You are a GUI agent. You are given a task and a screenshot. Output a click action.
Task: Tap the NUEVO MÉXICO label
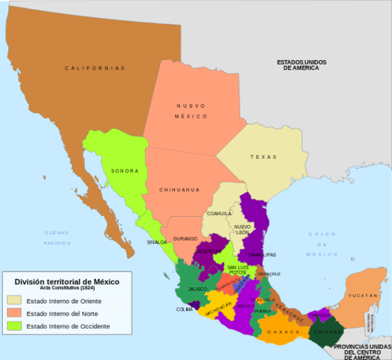coord(191,111)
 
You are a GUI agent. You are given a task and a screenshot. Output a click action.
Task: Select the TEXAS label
coord(264,157)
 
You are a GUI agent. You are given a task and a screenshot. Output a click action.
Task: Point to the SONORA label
coord(125,171)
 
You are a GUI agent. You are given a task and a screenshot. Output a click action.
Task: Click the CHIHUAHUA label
coord(179,190)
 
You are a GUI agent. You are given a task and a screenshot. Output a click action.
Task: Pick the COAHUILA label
coord(220,213)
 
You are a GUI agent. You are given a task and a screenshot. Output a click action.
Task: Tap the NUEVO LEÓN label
coord(242,229)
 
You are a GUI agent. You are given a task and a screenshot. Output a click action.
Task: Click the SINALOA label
coord(156,242)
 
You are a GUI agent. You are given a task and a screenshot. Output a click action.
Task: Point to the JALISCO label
coord(198,288)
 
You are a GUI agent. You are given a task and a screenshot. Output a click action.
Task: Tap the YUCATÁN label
coord(363,295)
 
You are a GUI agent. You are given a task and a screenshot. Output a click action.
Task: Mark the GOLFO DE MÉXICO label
coord(324,244)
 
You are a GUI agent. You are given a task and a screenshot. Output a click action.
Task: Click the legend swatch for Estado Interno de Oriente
coord(15,301)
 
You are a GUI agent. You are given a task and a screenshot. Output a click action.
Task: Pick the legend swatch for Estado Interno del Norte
coord(15,313)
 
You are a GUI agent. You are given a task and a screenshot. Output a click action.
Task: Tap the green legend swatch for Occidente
coord(15,326)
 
